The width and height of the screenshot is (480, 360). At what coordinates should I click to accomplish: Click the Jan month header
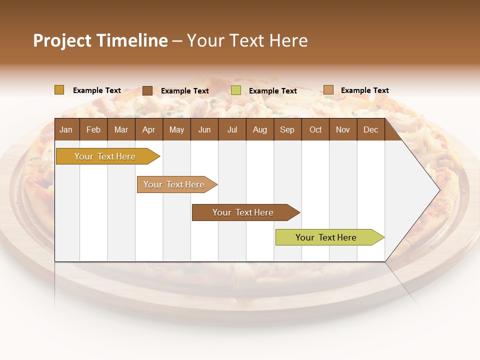tap(66, 129)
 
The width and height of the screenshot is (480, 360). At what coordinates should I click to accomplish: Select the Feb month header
tap(93, 129)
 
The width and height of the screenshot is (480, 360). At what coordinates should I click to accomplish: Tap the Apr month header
tap(148, 129)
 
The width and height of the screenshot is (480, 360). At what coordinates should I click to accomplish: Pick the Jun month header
tap(204, 129)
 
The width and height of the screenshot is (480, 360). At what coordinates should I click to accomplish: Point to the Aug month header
tap(259, 129)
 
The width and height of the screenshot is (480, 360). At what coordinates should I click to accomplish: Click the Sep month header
tap(287, 129)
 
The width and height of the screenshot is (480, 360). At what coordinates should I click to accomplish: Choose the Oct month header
tap(315, 129)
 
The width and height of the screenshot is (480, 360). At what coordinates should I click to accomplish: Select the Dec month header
tap(370, 129)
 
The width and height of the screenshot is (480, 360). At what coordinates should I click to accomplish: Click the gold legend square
tap(59, 90)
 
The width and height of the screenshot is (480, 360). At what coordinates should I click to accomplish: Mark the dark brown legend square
tap(147, 90)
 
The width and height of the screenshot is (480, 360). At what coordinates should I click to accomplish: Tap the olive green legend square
tap(236, 90)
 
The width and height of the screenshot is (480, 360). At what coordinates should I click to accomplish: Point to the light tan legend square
tap(328, 90)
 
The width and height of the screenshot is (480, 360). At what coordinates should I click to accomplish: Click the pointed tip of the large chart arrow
tap(438, 189)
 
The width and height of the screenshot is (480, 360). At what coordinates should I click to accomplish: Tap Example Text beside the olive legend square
tap(272, 91)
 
